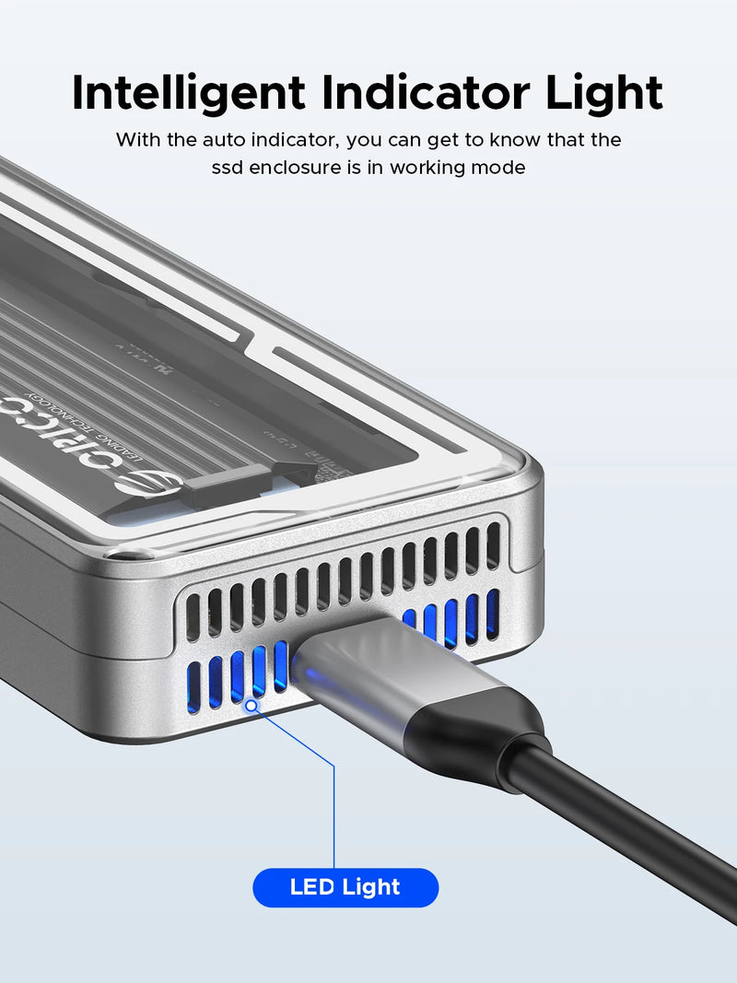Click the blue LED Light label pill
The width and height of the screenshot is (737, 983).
pyautogui.click(x=345, y=887)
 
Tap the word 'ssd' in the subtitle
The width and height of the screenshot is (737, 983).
pyautogui.click(x=228, y=168)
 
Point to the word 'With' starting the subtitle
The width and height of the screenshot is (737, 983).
pyautogui.click(x=136, y=140)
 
